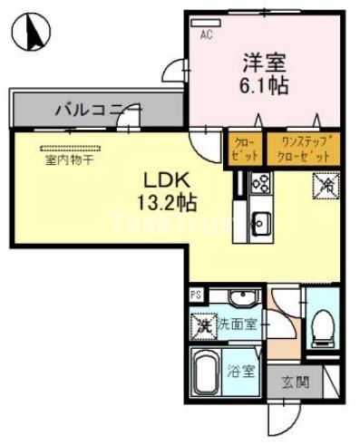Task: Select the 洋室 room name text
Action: point(264,63)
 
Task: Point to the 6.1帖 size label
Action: point(264,87)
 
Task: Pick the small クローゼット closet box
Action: point(244,146)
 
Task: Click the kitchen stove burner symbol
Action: point(260,183)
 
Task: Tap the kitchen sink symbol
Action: point(259,221)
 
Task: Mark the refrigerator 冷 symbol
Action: point(326,184)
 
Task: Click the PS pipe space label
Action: point(195,294)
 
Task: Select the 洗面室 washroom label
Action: point(236,324)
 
